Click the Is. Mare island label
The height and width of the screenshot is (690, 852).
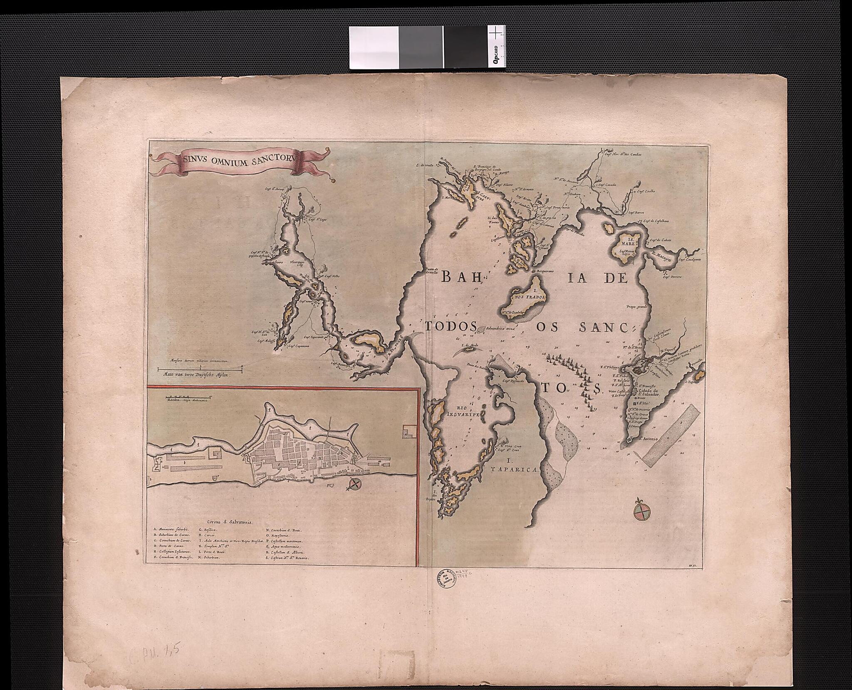coord(627,242)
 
